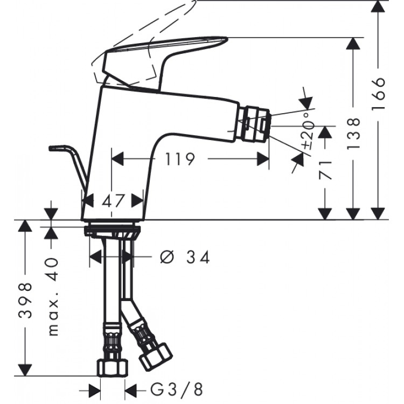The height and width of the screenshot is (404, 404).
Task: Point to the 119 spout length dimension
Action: click(x=179, y=159)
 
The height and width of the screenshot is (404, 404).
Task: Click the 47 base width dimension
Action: click(x=114, y=201)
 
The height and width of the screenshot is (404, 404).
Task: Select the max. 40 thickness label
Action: click(x=53, y=297)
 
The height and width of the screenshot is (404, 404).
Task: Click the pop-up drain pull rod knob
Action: click(x=57, y=147)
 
